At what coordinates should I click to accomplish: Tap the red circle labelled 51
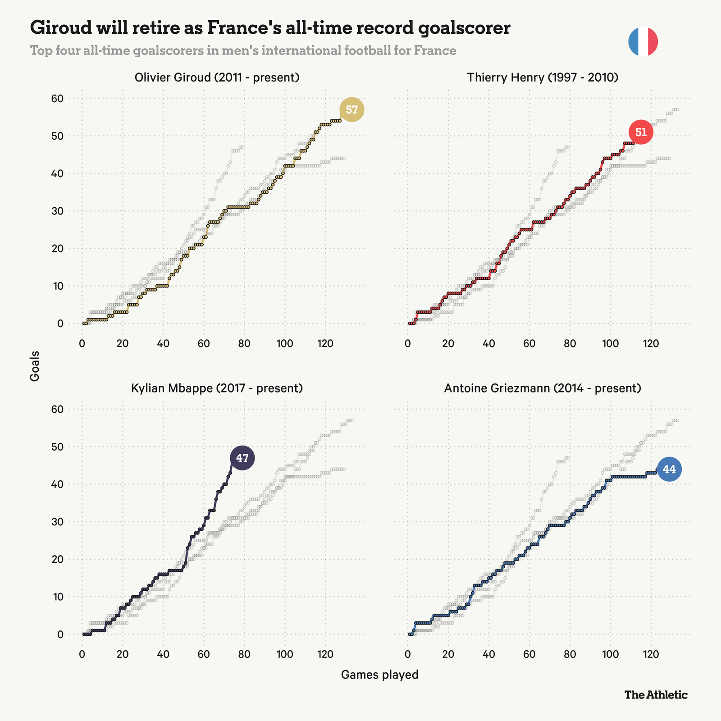coord(641,132)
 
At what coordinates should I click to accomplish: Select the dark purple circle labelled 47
coord(242,458)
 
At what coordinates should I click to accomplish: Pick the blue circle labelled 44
coord(669,470)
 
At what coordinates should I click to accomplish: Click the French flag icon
coord(643,42)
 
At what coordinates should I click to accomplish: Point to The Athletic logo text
coord(656,694)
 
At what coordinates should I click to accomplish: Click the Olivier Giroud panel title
coord(217,78)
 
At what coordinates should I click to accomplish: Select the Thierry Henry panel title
coord(543,78)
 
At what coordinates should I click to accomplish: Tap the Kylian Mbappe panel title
coord(216,388)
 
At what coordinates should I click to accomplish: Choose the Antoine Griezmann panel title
coord(543,388)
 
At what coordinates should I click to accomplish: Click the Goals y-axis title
coord(35,366)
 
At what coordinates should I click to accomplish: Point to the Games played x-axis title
coord(379,675)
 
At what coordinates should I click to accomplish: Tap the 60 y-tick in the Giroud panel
coord(60,99)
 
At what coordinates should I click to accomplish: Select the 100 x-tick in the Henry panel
coord(610,343)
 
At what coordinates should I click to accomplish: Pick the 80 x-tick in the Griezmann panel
coord(570,654)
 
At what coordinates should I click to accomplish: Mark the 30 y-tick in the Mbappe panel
coord(60,522)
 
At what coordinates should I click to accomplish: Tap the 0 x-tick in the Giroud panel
coord(82,343)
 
